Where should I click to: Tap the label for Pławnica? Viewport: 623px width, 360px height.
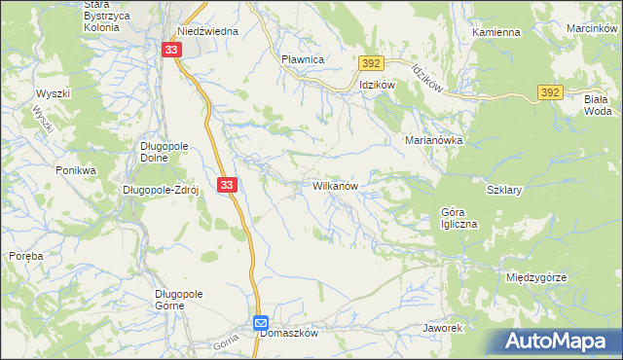point(302,59)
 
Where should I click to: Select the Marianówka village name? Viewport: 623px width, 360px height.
point(433,140)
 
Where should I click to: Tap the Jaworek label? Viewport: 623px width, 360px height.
point(442,328)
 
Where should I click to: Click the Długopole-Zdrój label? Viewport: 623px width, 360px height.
point(161,190)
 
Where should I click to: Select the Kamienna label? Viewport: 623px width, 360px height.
point(496,32)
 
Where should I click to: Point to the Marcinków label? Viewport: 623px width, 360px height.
point(593,28)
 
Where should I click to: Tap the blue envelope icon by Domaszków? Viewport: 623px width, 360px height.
point(261,322)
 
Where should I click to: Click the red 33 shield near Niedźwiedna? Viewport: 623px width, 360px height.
point(171,51)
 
